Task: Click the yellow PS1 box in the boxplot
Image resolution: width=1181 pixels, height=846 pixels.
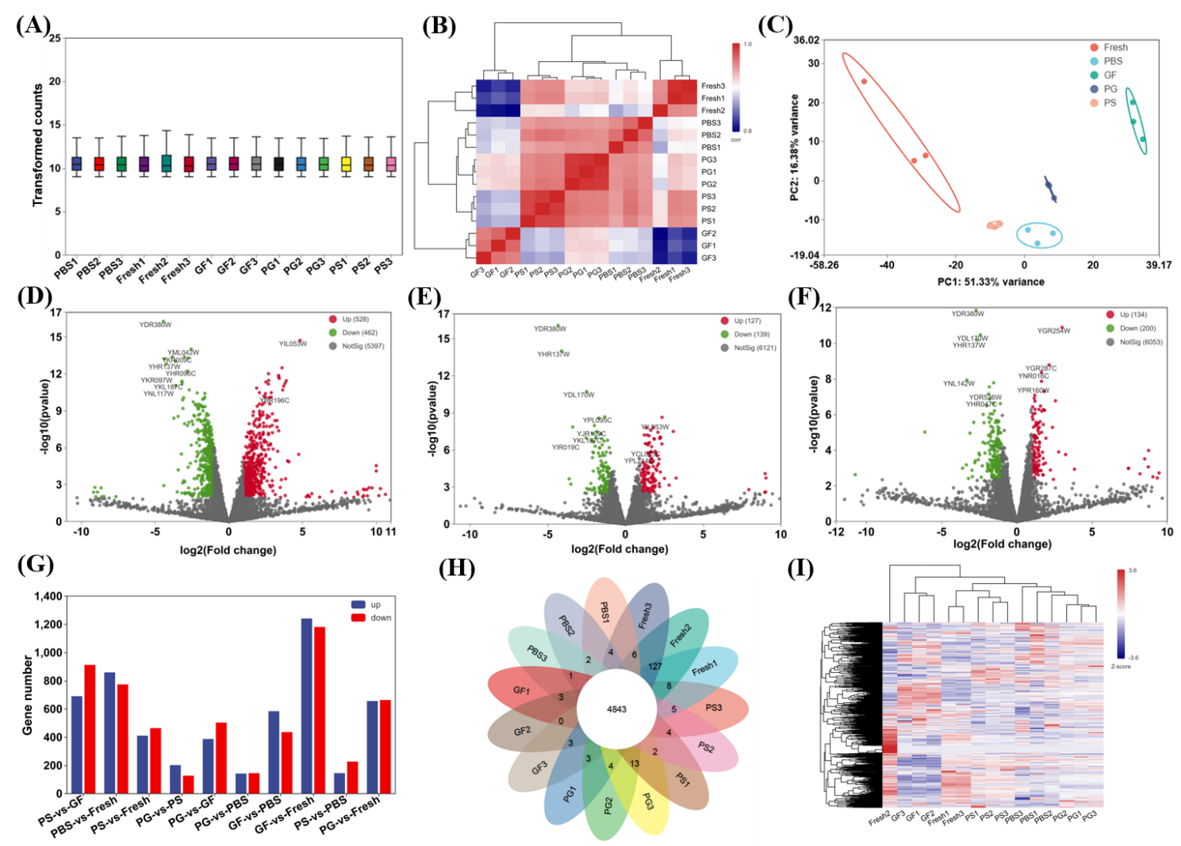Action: point(346,164)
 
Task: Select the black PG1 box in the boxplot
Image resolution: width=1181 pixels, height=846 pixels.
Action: point(278,164)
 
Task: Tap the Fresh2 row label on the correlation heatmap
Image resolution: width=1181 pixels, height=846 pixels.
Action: point(712,110)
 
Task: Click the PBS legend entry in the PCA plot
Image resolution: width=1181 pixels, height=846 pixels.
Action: point(1113,61)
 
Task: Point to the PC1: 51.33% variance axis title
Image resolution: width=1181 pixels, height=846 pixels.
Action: point(991,282)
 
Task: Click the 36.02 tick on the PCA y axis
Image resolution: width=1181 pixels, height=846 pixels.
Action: point(806,40)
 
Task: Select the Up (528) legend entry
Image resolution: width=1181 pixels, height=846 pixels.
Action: point(355,319)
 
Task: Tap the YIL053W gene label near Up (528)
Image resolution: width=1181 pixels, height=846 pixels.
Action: point(293,344)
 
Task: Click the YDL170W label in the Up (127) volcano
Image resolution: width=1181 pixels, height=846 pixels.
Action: point(579,394)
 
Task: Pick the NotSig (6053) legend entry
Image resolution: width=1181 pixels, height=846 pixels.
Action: point(1141,342)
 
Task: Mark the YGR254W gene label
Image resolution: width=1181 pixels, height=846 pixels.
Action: point(1053,331)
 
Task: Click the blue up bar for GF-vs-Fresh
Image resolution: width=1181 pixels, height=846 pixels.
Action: point(306,706)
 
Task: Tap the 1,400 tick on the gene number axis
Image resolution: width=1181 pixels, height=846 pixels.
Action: point(48,597)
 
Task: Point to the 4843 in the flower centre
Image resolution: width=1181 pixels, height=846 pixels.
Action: point(616,709)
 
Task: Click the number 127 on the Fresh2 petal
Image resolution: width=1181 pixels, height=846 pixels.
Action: point(654,667)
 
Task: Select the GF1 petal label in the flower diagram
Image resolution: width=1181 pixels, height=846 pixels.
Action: point(521,690)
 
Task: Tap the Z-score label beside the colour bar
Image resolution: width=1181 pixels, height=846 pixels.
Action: point(1121,667)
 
